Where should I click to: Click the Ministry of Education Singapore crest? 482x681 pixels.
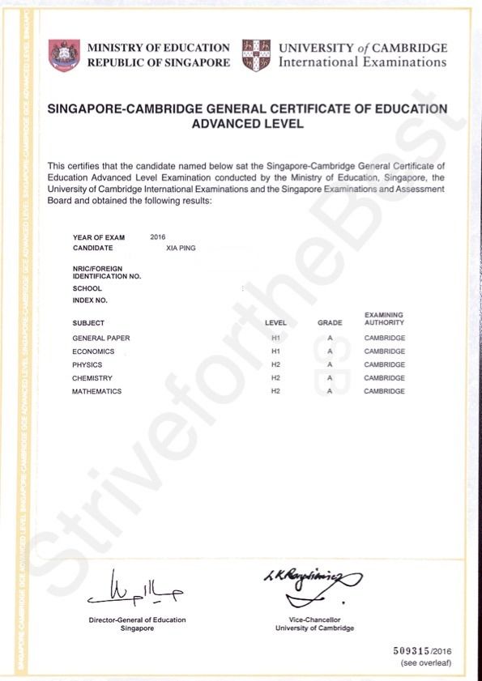pos(65,55)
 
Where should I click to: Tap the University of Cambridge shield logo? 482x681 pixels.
pos(256,55)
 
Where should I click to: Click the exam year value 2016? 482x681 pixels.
pos(158,236)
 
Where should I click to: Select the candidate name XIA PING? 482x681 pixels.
pos(181,248)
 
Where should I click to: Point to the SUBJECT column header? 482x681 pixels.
pos(88,323)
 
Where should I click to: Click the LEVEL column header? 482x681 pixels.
pos(275,323)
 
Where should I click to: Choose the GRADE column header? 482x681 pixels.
pos(330,323)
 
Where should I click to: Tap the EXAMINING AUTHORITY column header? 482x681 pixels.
pos(384,318)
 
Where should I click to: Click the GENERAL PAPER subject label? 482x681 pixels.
pos(101,338)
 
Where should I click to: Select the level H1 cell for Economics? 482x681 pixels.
pos(275,351)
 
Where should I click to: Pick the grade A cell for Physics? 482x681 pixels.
pos(331,365)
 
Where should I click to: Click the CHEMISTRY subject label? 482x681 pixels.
pos(92,378)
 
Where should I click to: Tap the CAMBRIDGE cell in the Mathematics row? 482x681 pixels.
pos(384,391)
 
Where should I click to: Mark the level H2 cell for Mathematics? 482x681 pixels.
pos(275,391)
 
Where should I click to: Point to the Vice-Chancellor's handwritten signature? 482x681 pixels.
pos(313,583)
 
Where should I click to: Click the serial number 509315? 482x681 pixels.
pos(412,650)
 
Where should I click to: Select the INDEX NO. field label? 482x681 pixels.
pos(90,300)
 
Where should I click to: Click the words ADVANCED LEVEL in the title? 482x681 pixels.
pos(247,124)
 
